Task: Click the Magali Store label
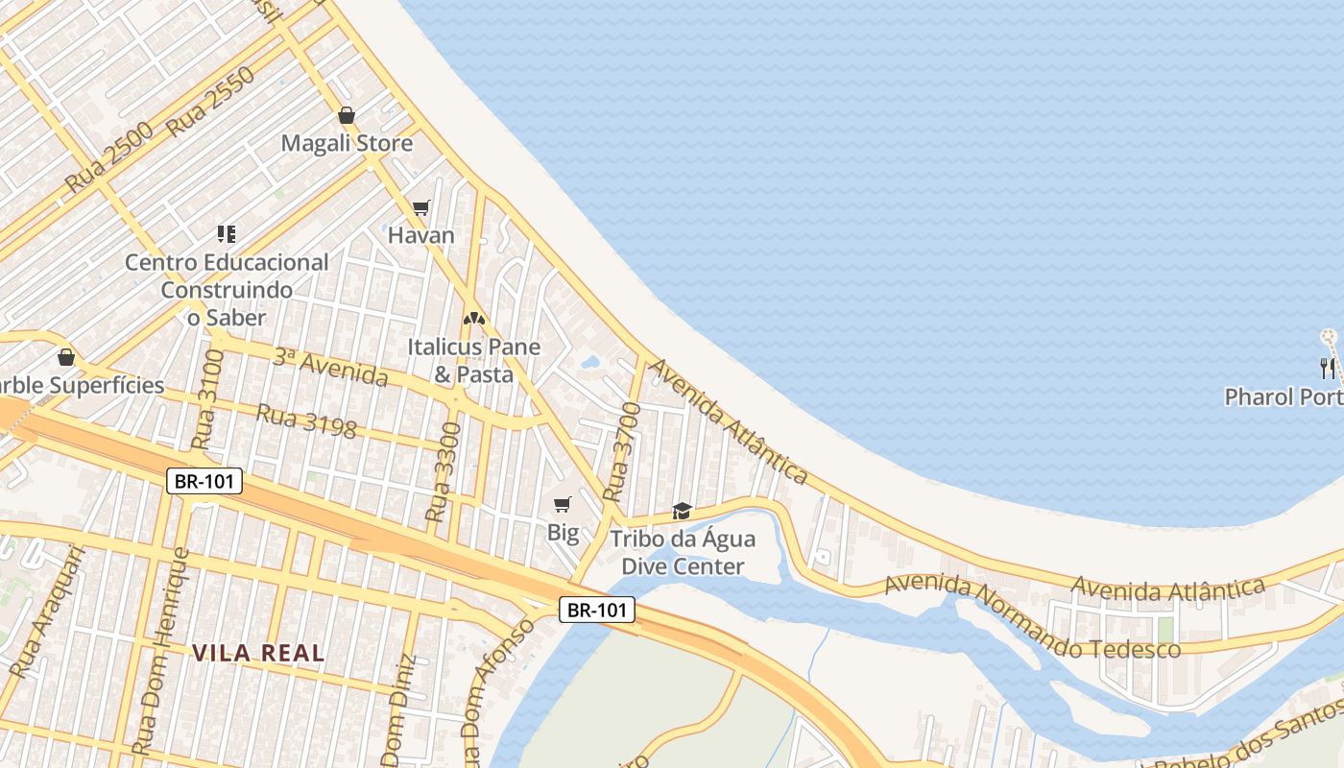[347, 144]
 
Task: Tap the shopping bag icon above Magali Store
[347, 115]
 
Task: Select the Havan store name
[420, 235]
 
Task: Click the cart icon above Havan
[420, 207]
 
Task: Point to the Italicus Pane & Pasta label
[473, 360]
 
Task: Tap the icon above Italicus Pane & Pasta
[473, 318]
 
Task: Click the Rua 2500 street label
[109, 157]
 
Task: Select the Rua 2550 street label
[210, 103]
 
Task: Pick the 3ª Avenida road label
[330, 368]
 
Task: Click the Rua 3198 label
[306, 421]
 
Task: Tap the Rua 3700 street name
[622, 452]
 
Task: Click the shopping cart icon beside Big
[563, 504]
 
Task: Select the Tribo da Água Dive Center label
[683, 553]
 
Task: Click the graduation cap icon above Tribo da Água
[682, 510]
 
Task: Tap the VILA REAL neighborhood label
[257, 654]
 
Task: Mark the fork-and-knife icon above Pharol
[1328, 367]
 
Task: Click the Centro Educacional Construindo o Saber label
[227, 289]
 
